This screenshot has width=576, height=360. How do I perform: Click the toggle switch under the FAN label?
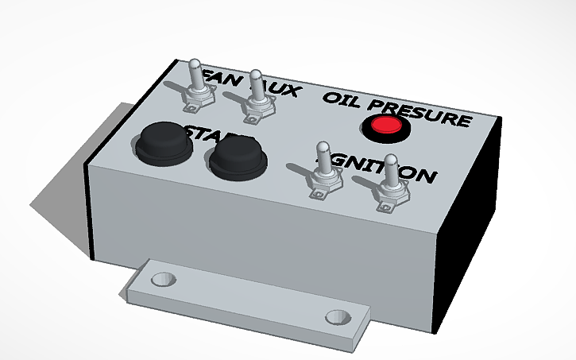click(x=197, y=91)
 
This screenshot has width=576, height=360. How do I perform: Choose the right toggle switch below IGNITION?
click(x=392, y=187)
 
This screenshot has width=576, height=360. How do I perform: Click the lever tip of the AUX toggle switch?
click(x=255, y=76)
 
